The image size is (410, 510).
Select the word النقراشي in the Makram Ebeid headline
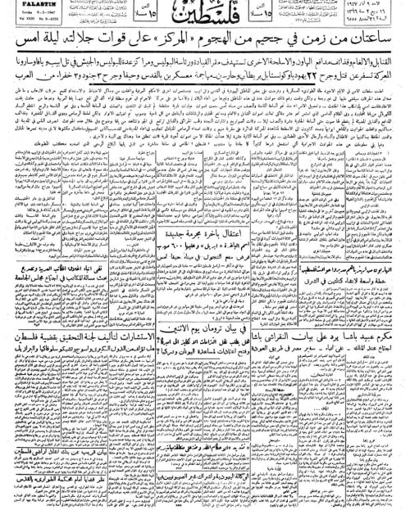pos(303,273)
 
